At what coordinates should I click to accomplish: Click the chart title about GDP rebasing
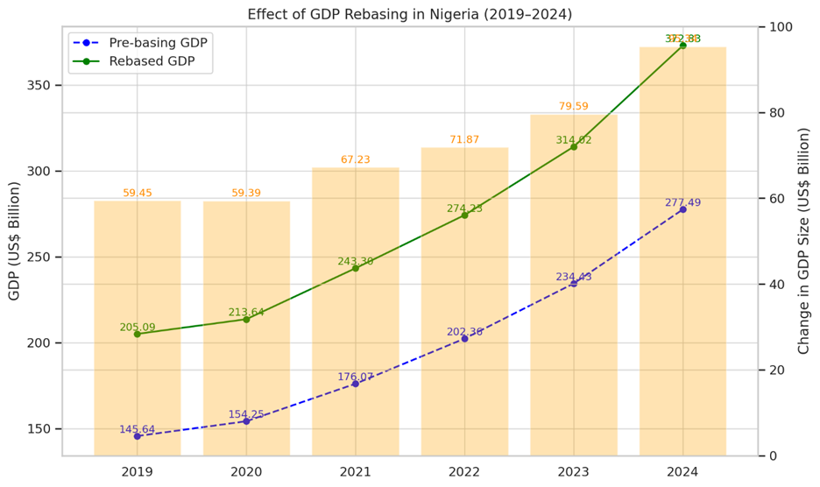click(409, 14)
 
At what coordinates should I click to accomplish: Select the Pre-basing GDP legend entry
click(140, 42)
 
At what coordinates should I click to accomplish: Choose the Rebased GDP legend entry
click(140, 60)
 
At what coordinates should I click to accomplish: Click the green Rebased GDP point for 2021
click(356, 268)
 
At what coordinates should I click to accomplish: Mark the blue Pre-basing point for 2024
click(682, 209)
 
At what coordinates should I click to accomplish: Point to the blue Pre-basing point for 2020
click(246, 421)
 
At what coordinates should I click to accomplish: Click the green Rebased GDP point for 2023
click(574, 147)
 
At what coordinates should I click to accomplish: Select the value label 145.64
click(138, 429)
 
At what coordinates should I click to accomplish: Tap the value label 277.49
click(682, 202)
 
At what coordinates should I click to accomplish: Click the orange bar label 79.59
click(574, 107)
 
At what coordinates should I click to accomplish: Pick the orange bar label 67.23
click(356, 159)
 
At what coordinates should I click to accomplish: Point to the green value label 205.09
click(138, 328)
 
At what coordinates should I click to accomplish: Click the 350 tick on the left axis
click(39, 86)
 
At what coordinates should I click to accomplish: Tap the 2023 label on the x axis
click(574, 472)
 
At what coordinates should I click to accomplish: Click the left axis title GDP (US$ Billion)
click(14, 241)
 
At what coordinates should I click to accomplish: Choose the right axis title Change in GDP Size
click(804, 241)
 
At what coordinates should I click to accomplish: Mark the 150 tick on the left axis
click(39, 429)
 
